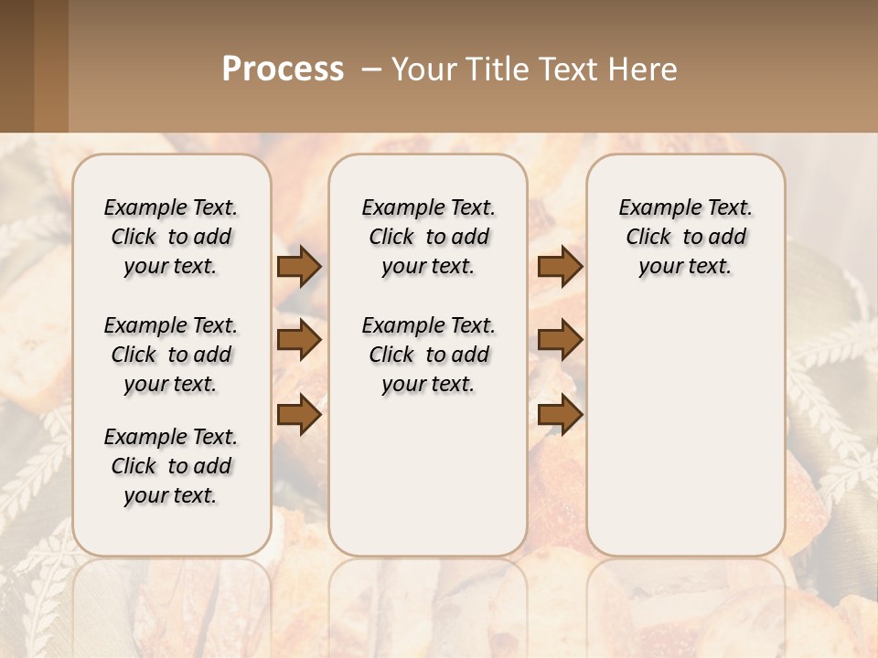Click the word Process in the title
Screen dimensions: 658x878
point(283,69)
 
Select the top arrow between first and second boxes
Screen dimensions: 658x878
point(299,267)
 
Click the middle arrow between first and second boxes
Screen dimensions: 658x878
point(299,341)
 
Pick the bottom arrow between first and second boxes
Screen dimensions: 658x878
point(299,415)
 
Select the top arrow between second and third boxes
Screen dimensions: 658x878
point(560,267)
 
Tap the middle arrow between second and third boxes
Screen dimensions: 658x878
point(560,341)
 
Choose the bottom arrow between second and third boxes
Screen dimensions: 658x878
point(560,415)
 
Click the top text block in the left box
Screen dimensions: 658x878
point(171,237)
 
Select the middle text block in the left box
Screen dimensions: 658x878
point(171,355)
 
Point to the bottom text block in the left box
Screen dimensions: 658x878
point(171,466)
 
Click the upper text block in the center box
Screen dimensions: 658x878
point(428,237)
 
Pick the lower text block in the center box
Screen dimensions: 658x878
point(428,355)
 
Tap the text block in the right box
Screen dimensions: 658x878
point(685,237)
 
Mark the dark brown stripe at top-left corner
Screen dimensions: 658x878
point(16,66)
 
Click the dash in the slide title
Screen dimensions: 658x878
point(371,69)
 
